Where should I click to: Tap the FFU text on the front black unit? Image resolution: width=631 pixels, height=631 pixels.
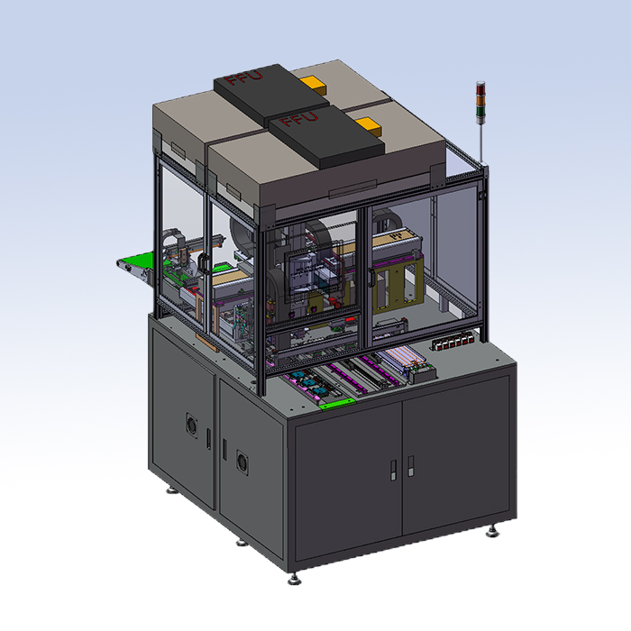coord(299,118)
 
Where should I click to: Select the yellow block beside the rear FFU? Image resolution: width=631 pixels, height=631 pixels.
coord(312,85)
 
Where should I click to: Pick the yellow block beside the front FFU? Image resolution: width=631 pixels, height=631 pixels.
coord(368,126)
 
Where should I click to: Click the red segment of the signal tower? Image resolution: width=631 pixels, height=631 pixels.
coord(480,89)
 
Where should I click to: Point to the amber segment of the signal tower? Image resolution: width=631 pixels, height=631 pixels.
coord(480,101)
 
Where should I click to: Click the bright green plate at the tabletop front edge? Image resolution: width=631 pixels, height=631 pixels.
coord(337,404)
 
